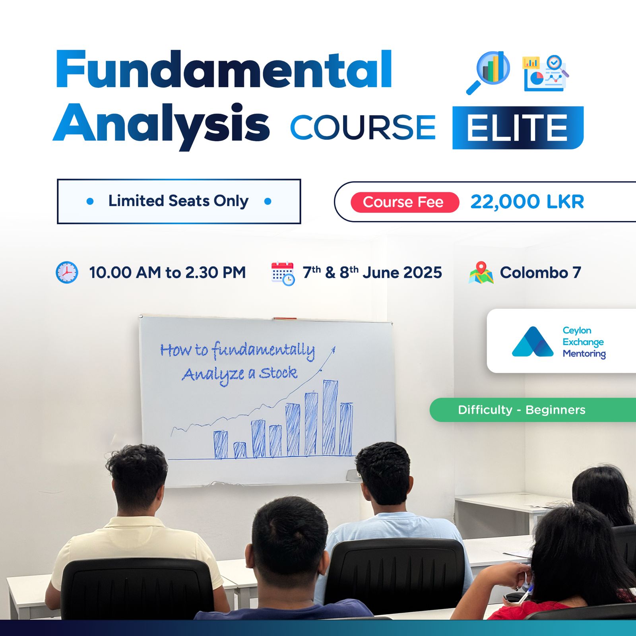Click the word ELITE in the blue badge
pos(517,128)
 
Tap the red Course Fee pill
pos(405,202)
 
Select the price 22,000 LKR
pos(527,202)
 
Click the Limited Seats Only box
pos(179,202)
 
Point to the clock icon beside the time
pos(67,272)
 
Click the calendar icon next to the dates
pos(283,273)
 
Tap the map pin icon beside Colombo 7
pos(481,272)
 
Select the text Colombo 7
pos(541,273)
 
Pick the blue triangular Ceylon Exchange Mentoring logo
pos(533,341)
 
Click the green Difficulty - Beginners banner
pos(533,410)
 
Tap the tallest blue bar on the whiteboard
pos(330,417)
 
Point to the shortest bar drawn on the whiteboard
pos(240,450)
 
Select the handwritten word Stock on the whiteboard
pos(278,373)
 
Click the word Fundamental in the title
pos(224,69)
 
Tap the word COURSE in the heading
pos(363,128)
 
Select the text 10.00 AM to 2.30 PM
pos(167,273)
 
